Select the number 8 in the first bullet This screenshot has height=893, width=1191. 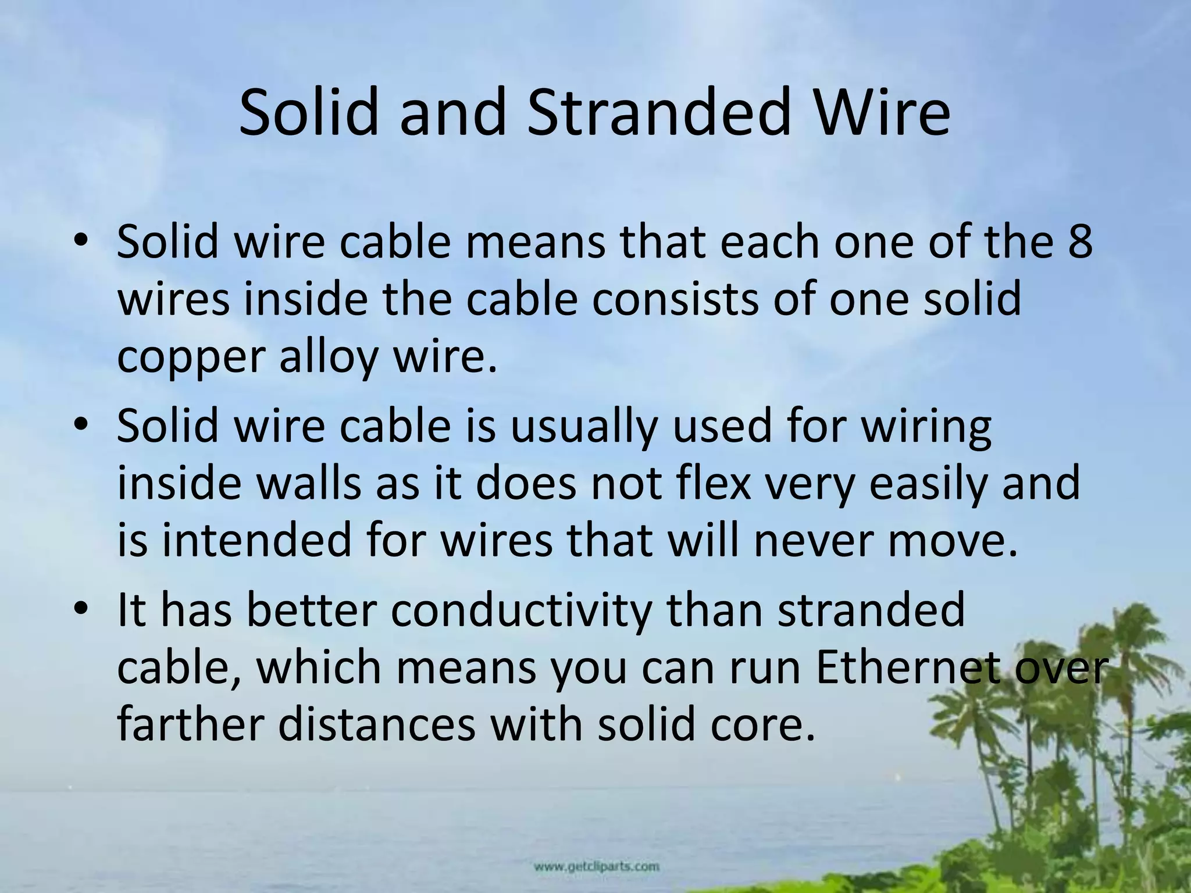(1080, 241)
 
